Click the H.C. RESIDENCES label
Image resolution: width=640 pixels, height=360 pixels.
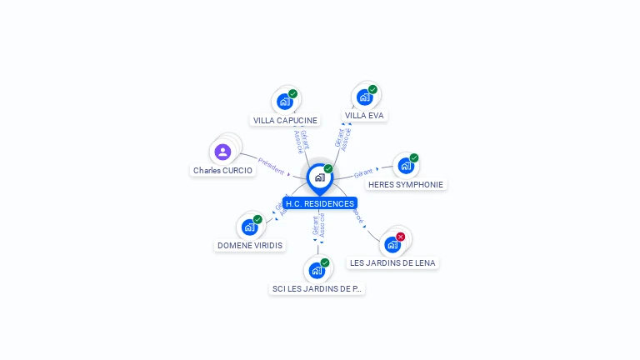[x=319, y=203]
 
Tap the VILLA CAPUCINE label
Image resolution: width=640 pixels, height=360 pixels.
[x=285, y=120]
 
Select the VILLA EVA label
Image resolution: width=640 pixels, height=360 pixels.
[x=364, y=115]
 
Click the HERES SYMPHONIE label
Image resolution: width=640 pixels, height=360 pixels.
[x=406, y=184]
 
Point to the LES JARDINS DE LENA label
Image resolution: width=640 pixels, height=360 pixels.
[x=392, y=262]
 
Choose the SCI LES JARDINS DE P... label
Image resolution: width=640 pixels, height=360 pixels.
[x=317, y=288]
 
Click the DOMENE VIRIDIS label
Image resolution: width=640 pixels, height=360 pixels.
[x=250, y=246]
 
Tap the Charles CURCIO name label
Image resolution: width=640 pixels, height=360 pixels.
[x=222, y=170]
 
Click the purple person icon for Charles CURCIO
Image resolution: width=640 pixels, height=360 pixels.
[x=222, y=152]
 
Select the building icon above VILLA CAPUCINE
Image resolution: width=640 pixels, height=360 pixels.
[x=285, y=102]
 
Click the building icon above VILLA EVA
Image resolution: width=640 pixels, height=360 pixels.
[x=364, y=97]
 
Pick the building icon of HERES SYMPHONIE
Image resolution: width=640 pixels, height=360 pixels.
[x=405, y=166]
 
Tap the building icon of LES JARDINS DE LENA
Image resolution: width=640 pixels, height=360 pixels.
[x=392, y=244]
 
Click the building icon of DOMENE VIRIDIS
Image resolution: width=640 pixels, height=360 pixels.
[x=249, y=227]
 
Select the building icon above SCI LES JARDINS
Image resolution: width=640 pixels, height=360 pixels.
[x=317, y=270]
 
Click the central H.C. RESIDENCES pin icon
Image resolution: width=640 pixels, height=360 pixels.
[x=319, y=177]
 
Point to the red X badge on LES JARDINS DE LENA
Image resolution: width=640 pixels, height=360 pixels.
[x=401, y=237]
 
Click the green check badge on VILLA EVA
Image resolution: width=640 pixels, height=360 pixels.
[x=372, y=89]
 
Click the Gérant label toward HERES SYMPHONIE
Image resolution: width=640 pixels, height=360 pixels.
[x=362, y=173]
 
